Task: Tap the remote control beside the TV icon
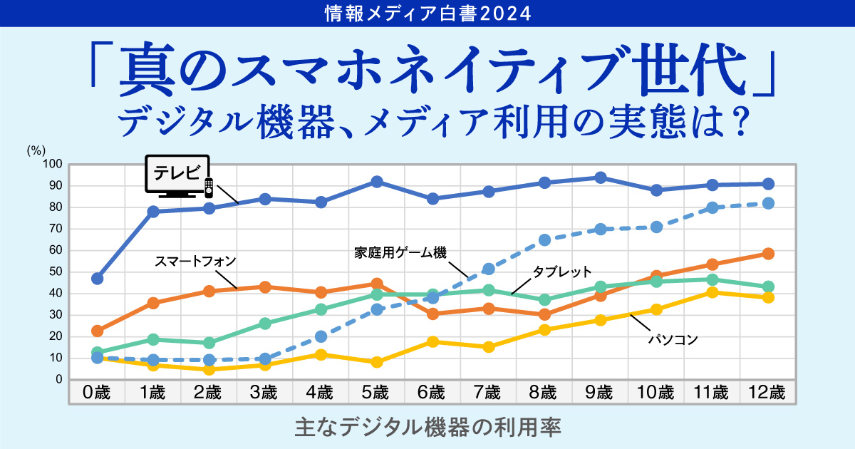(209, 187)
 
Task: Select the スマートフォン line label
(195, 261)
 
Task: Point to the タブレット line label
(562, 272)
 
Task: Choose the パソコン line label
(673, 340)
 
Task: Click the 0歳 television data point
(98, 278)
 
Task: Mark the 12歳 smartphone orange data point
(768, 254)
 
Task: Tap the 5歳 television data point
(377, 182)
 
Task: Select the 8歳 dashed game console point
(545, 239)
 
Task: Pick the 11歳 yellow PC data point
(712, 292)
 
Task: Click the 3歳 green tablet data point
(265, 324)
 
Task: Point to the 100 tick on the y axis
(55, 165)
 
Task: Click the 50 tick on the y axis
(56, 272)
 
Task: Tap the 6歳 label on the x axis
(432, 393)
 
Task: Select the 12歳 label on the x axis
(767, 393)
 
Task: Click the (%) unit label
(36, 150)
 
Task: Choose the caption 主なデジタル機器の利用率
(427, 427)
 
